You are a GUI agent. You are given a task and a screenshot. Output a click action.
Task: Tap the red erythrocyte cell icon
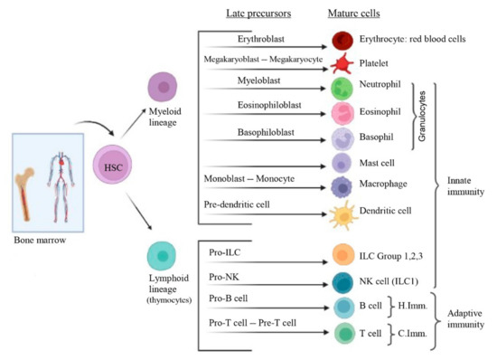point(342,40)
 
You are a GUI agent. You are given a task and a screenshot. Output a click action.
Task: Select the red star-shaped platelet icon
point(342,63)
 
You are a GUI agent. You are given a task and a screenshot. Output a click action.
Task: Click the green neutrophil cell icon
point(342,89)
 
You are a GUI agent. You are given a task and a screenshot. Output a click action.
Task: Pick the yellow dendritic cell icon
point(342,213)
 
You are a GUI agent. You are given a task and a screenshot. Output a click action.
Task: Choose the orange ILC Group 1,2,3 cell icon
point(342,255)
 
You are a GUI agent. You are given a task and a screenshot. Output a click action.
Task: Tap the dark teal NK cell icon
point(342,281)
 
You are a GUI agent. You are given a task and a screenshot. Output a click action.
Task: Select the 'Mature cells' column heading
point(355,14)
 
